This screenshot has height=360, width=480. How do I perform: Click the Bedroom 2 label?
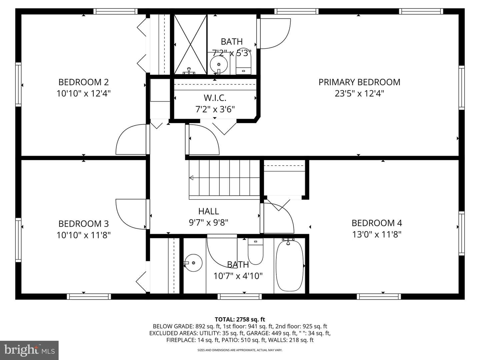point(84,82)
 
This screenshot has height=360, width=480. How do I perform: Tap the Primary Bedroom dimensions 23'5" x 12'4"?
point(359,94)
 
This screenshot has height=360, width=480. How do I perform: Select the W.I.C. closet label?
point(215,98)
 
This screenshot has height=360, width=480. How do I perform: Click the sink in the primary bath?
point(219,64)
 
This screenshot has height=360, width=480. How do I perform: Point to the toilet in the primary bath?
point(243,61)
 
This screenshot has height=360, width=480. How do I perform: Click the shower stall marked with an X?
point(190,44)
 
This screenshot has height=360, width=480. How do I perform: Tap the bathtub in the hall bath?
point(289,266)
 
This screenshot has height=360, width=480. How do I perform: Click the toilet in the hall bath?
point(255,251)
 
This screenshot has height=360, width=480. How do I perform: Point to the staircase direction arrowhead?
point(191,178)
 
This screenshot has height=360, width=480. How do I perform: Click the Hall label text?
point(208,211)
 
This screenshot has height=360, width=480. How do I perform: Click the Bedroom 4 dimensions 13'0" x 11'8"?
point(377,235)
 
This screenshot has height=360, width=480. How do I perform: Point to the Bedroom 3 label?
point(84,224)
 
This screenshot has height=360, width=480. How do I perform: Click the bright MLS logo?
point(29,350)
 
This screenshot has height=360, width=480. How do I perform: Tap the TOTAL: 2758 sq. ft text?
point(240,319)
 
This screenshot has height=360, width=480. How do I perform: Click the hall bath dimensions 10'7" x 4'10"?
point(238,276)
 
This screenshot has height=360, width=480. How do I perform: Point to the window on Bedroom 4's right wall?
point(461,233)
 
